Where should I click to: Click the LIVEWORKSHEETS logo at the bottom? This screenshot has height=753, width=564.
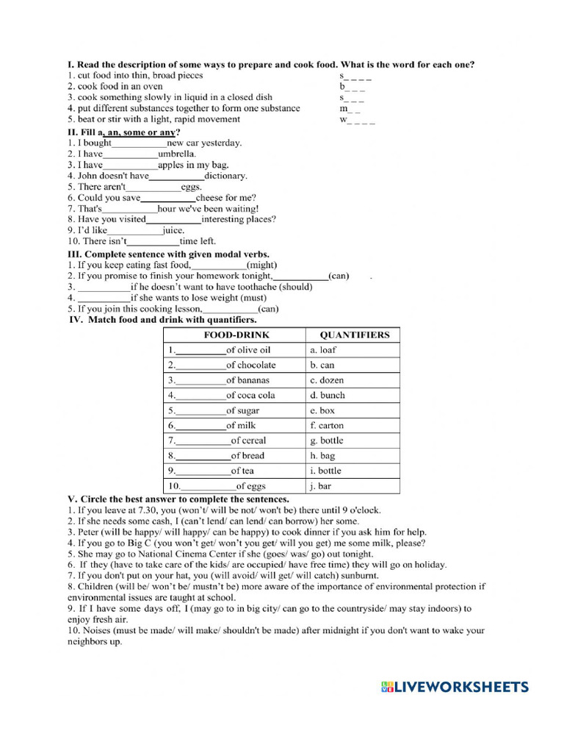(x=455, y=687)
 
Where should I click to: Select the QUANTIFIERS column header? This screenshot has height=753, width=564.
(x=355, y=335)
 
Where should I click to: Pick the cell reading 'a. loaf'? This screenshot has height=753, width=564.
(x=323, y=350)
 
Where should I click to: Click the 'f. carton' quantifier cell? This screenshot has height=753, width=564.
(x=327, y=425)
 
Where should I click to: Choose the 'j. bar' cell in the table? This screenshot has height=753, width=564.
(x=322, y=485)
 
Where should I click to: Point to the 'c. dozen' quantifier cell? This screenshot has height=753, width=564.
(x=327, y=380)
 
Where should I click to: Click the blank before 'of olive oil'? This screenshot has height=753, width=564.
(x=200, y=351)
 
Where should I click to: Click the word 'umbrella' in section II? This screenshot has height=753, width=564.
(x=177, y=154)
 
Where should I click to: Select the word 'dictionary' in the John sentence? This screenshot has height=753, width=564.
(x=225, y=176)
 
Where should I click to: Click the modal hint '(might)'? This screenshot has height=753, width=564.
(x=262, y=265)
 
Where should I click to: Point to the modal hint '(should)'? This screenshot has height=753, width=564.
(x=294, y=287)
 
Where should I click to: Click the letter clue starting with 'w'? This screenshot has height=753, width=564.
(x=357, y=120)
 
